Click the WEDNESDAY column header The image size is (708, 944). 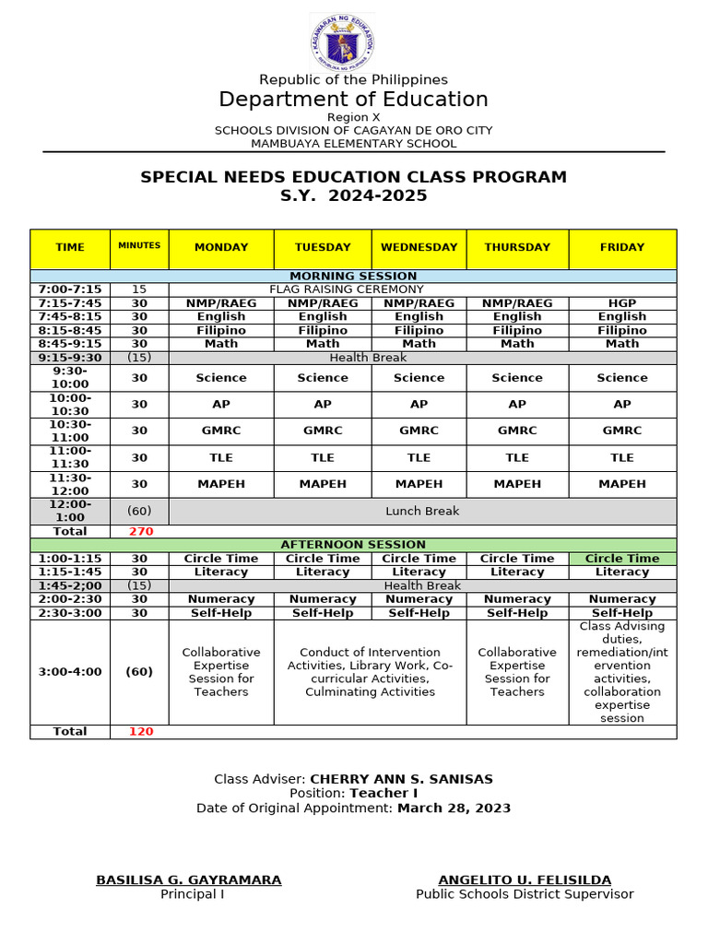[419, 248]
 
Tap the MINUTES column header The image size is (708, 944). [139, 246]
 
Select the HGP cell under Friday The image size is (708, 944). [622, 303]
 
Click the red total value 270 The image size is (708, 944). [140, 532]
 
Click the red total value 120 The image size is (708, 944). [140, 732]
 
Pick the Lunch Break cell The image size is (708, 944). [422, 512]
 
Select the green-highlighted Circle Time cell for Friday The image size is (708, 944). [622, 559]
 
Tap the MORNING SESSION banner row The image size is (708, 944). [353, 277]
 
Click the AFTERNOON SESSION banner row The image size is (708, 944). [353, 546]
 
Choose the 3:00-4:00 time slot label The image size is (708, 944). [70, 672]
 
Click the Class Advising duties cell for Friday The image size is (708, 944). [622, 672]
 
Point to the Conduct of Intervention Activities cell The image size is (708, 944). [370, 672]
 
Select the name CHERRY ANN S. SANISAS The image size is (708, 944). [401, 779]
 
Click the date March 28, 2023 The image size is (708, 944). [454, 808]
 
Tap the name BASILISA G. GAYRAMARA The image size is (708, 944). [189, 880]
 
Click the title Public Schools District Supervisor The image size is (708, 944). [525, 894]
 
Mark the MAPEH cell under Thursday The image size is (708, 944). [517, 484]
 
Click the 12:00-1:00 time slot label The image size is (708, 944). [70, 512]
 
